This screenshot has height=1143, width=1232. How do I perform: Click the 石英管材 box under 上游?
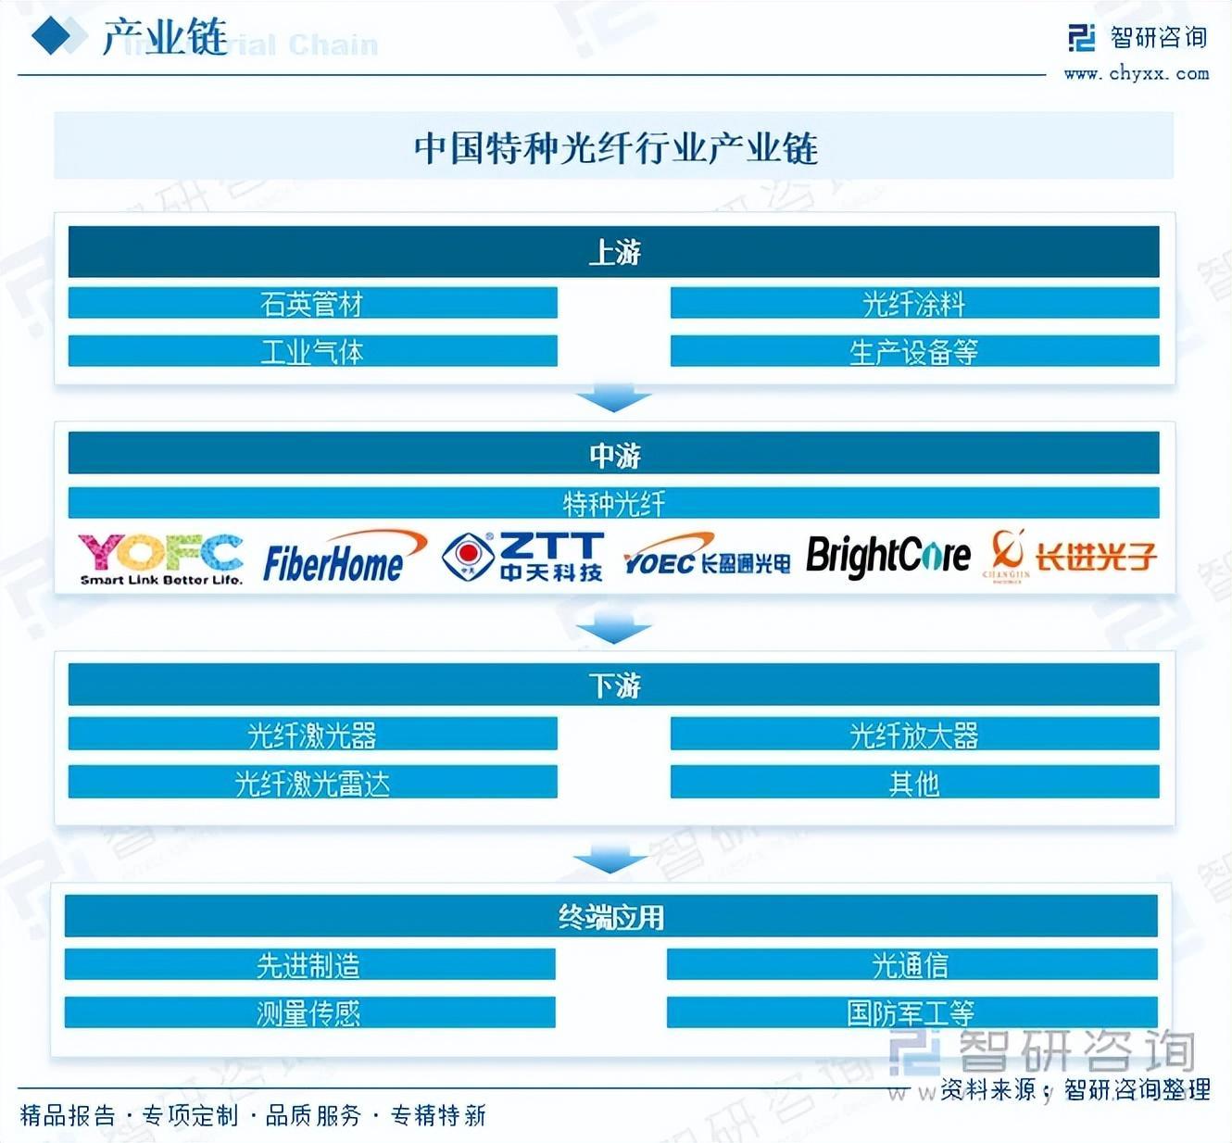point(312,303)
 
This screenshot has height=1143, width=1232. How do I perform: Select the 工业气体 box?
point(312,351)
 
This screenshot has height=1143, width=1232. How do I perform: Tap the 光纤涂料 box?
point(914,303)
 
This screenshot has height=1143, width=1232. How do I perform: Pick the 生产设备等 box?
point(914,351)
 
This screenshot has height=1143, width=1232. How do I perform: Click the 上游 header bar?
point(613,252)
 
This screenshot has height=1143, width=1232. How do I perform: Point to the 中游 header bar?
point(613,454)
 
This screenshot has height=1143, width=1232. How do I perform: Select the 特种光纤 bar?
point(613,503)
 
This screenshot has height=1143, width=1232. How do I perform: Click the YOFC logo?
point(160,559)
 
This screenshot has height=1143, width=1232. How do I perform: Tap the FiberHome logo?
point(343,559)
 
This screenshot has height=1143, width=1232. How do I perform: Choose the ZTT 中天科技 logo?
point(523,557)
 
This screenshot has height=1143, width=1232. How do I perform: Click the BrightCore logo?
point(887,557)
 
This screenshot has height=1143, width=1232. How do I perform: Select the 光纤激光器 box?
point(312,735)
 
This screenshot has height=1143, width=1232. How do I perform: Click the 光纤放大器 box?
point(914,735)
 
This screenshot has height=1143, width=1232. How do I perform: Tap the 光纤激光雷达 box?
point(312,783)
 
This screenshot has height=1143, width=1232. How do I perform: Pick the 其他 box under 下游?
point(914,783)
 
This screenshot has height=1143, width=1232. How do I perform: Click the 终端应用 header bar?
point(611,916)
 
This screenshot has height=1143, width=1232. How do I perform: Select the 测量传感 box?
point(309,1012)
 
